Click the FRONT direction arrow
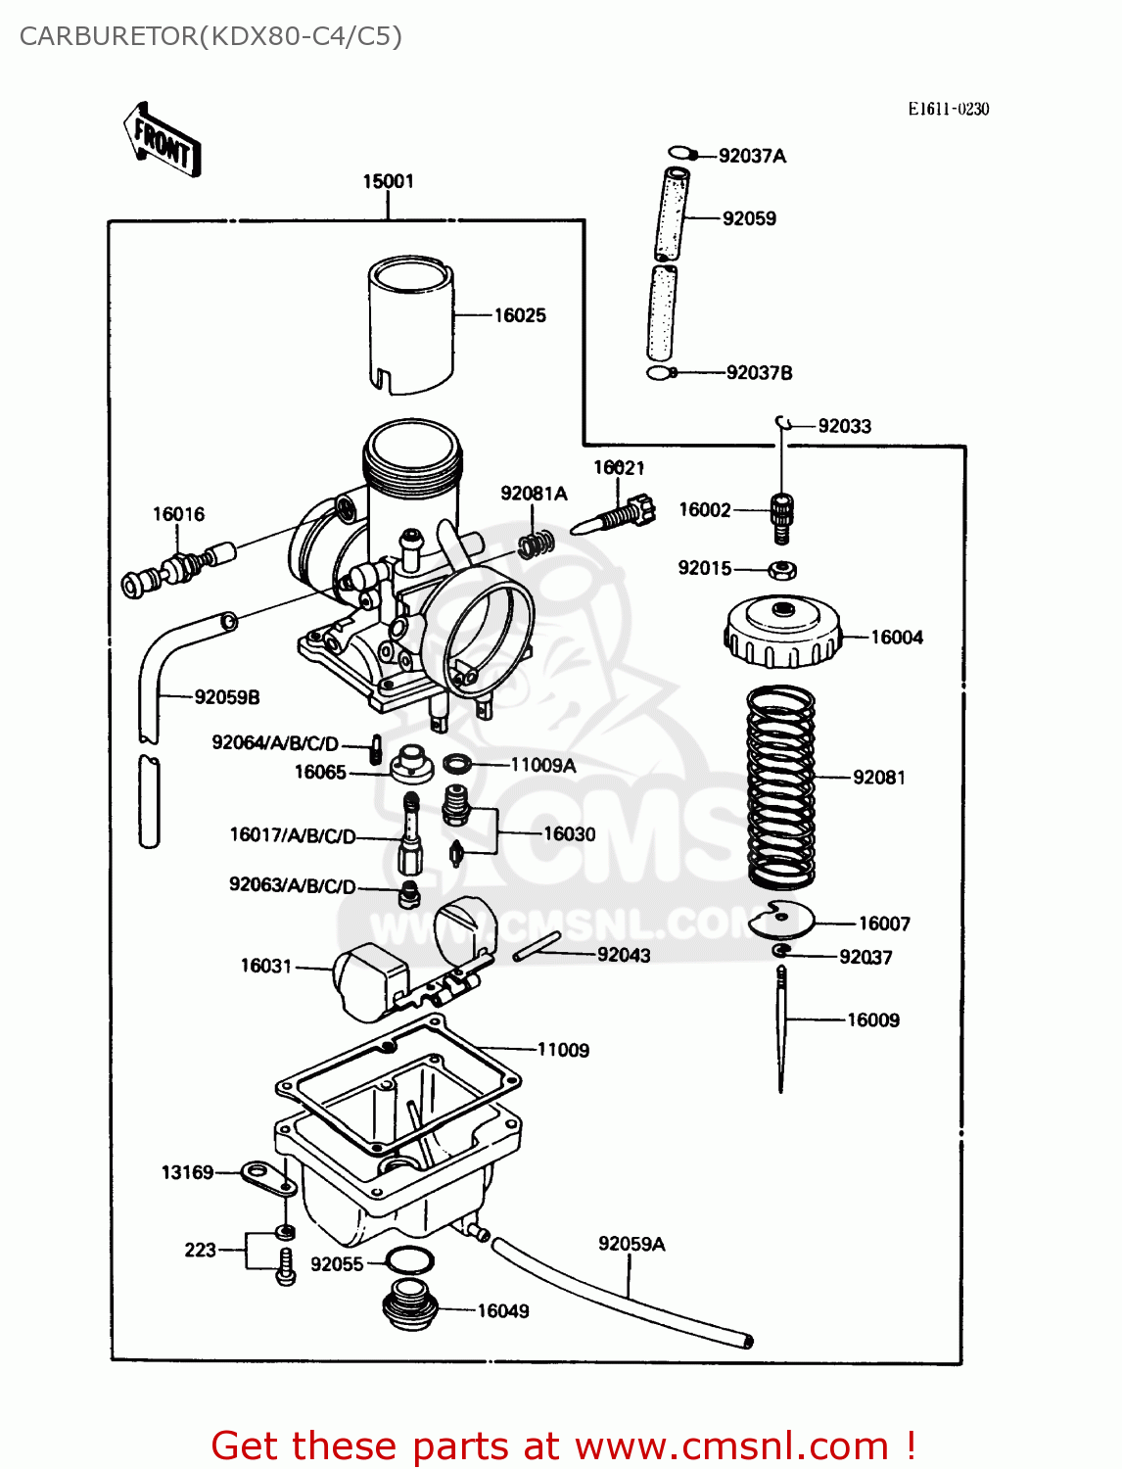pyautogui.click(x=162, y=140)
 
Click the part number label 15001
pyautogui.click(x=388, y=181)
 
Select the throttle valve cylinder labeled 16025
pyautogui.click(x=411, y=324)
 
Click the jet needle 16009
pyautogui.click(x=781, y=1028)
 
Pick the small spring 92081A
pyautogui.click(x=536, y=542)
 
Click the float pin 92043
pyautogui.click(x=537, y=946)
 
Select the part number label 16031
pyautogui.click(x=266, y=966)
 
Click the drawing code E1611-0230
pyautogui.click(x=948, y=109)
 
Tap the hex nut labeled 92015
pyautogui.click(x=781, y=569)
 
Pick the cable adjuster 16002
pyautogui.click(x=780, y=515)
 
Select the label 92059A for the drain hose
pyautogui.click(x=631, y=1244)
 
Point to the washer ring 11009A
pyautogui.click(x=457, y=764)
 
